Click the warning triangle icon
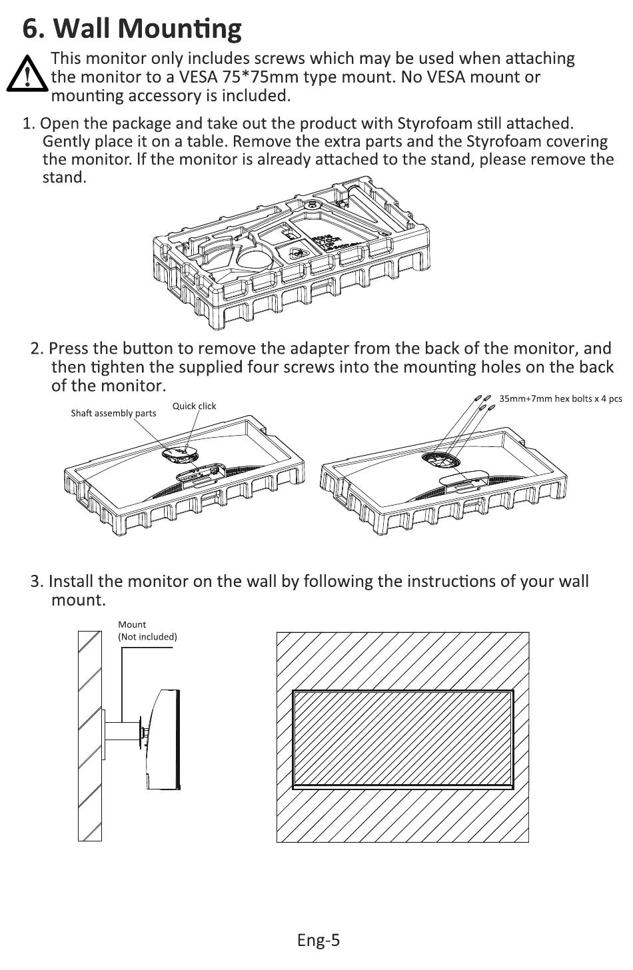pyautogui.click(x=26, y=73)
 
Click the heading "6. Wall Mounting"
pyautogui.click(x=132, y=28)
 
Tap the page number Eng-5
pyautogui.click(x=318, y=940)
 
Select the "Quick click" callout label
pyautogui.click(x=194, y=406)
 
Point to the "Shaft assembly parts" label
pyautogui.click(x=113, y=413)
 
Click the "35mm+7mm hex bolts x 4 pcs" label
pyautogui.click(x=560, y=398)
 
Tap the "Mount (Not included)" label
pyautogui.click(x=147, y=630)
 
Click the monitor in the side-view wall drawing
pyautogui.click(x=162, y=739)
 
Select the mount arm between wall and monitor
pyautogui.click(x=122, y=731)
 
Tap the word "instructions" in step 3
pyautogui.click(x=436, y=581)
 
